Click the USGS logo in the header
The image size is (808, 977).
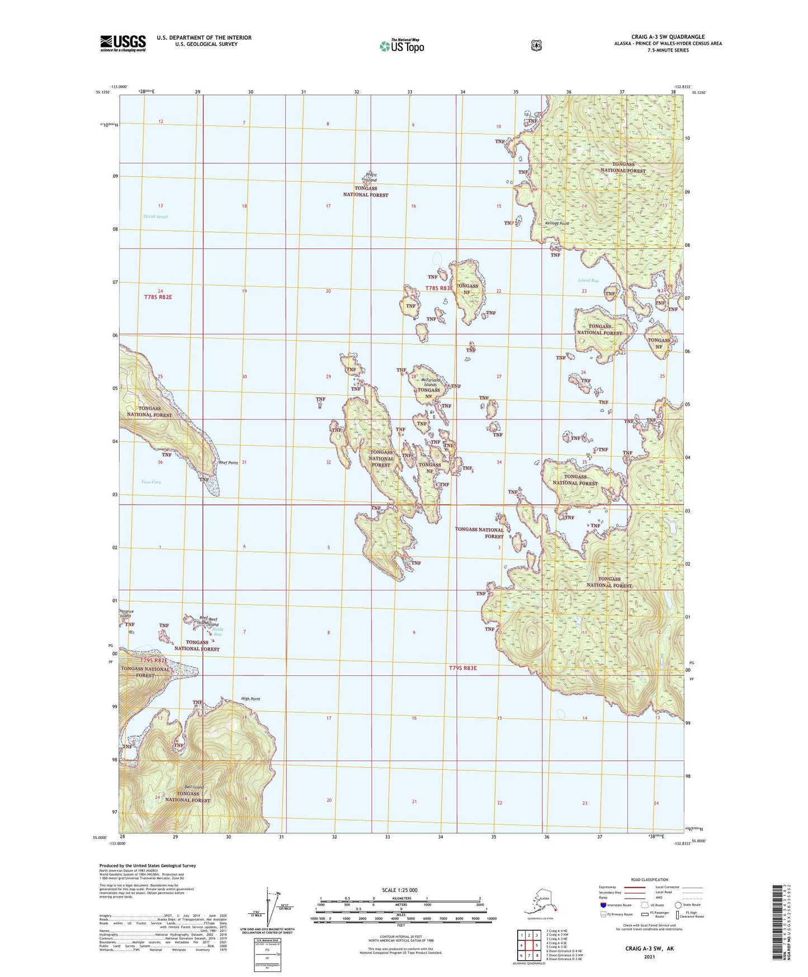(123, 43)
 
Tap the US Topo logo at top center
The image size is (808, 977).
(401, 45)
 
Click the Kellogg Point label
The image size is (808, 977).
(556, 223)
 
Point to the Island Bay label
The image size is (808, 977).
(588, 280)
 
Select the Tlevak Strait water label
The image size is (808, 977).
(155, 217)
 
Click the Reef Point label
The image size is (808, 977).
(228, 463)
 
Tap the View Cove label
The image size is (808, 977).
(151, 482)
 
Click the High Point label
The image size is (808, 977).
(251, 699)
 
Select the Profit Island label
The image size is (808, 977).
(371, 177)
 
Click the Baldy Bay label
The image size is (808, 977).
(216, 632)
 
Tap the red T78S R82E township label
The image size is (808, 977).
(158, 297)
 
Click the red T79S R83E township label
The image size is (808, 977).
(462, 668)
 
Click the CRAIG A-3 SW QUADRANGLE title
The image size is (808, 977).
(669, 37)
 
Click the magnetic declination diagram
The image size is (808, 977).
(275, 906)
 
